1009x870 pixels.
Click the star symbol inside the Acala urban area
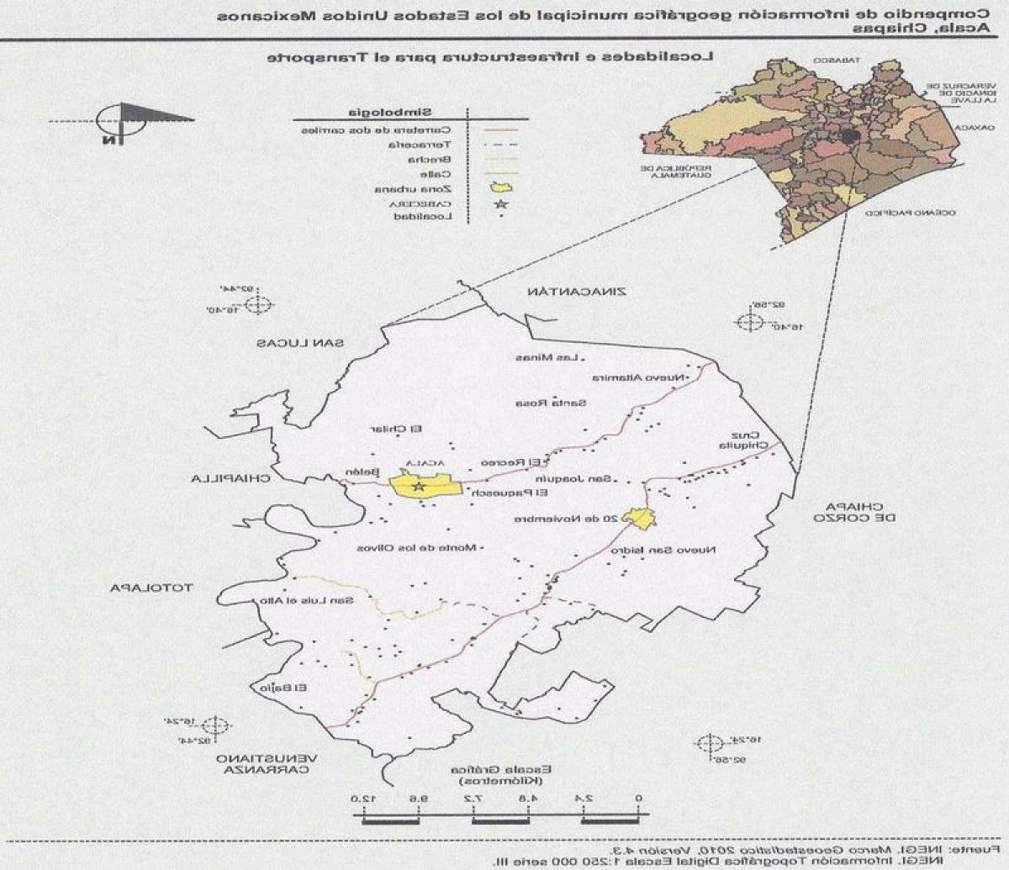click(419, 487)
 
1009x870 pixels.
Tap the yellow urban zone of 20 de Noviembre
click(639, 519)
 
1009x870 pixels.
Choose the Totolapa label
click(151, 588)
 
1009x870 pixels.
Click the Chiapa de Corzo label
click(849, 512)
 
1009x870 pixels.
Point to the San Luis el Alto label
click(325, 600)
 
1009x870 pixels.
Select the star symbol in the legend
click(501, 203)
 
